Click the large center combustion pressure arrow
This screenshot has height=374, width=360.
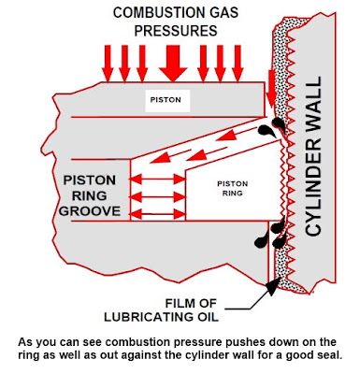[x=173, y=64]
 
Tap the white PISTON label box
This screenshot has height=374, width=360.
[x=167, y=101]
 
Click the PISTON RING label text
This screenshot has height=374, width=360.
[x=233, y=189]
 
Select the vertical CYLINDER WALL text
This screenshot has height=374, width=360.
[x=313, y=156]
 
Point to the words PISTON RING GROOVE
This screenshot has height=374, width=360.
[x=90, y=195]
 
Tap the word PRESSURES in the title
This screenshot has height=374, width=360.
[x=176, y=31]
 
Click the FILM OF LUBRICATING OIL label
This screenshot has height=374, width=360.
[x=161, y=310]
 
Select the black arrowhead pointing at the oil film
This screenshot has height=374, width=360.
[x=274, y=286]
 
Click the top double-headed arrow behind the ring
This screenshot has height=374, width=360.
[x=157, y=180]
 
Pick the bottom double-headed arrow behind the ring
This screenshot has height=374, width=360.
[x=157, y=214]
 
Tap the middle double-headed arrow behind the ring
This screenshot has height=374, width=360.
[x=157, y=197]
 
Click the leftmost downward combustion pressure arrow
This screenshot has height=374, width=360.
[x=108, y=64]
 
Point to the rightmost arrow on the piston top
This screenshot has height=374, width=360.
[x=238, y=64]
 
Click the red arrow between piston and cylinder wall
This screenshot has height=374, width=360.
[x=271, y=89]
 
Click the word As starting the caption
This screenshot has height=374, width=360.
[x=24, y=342]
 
